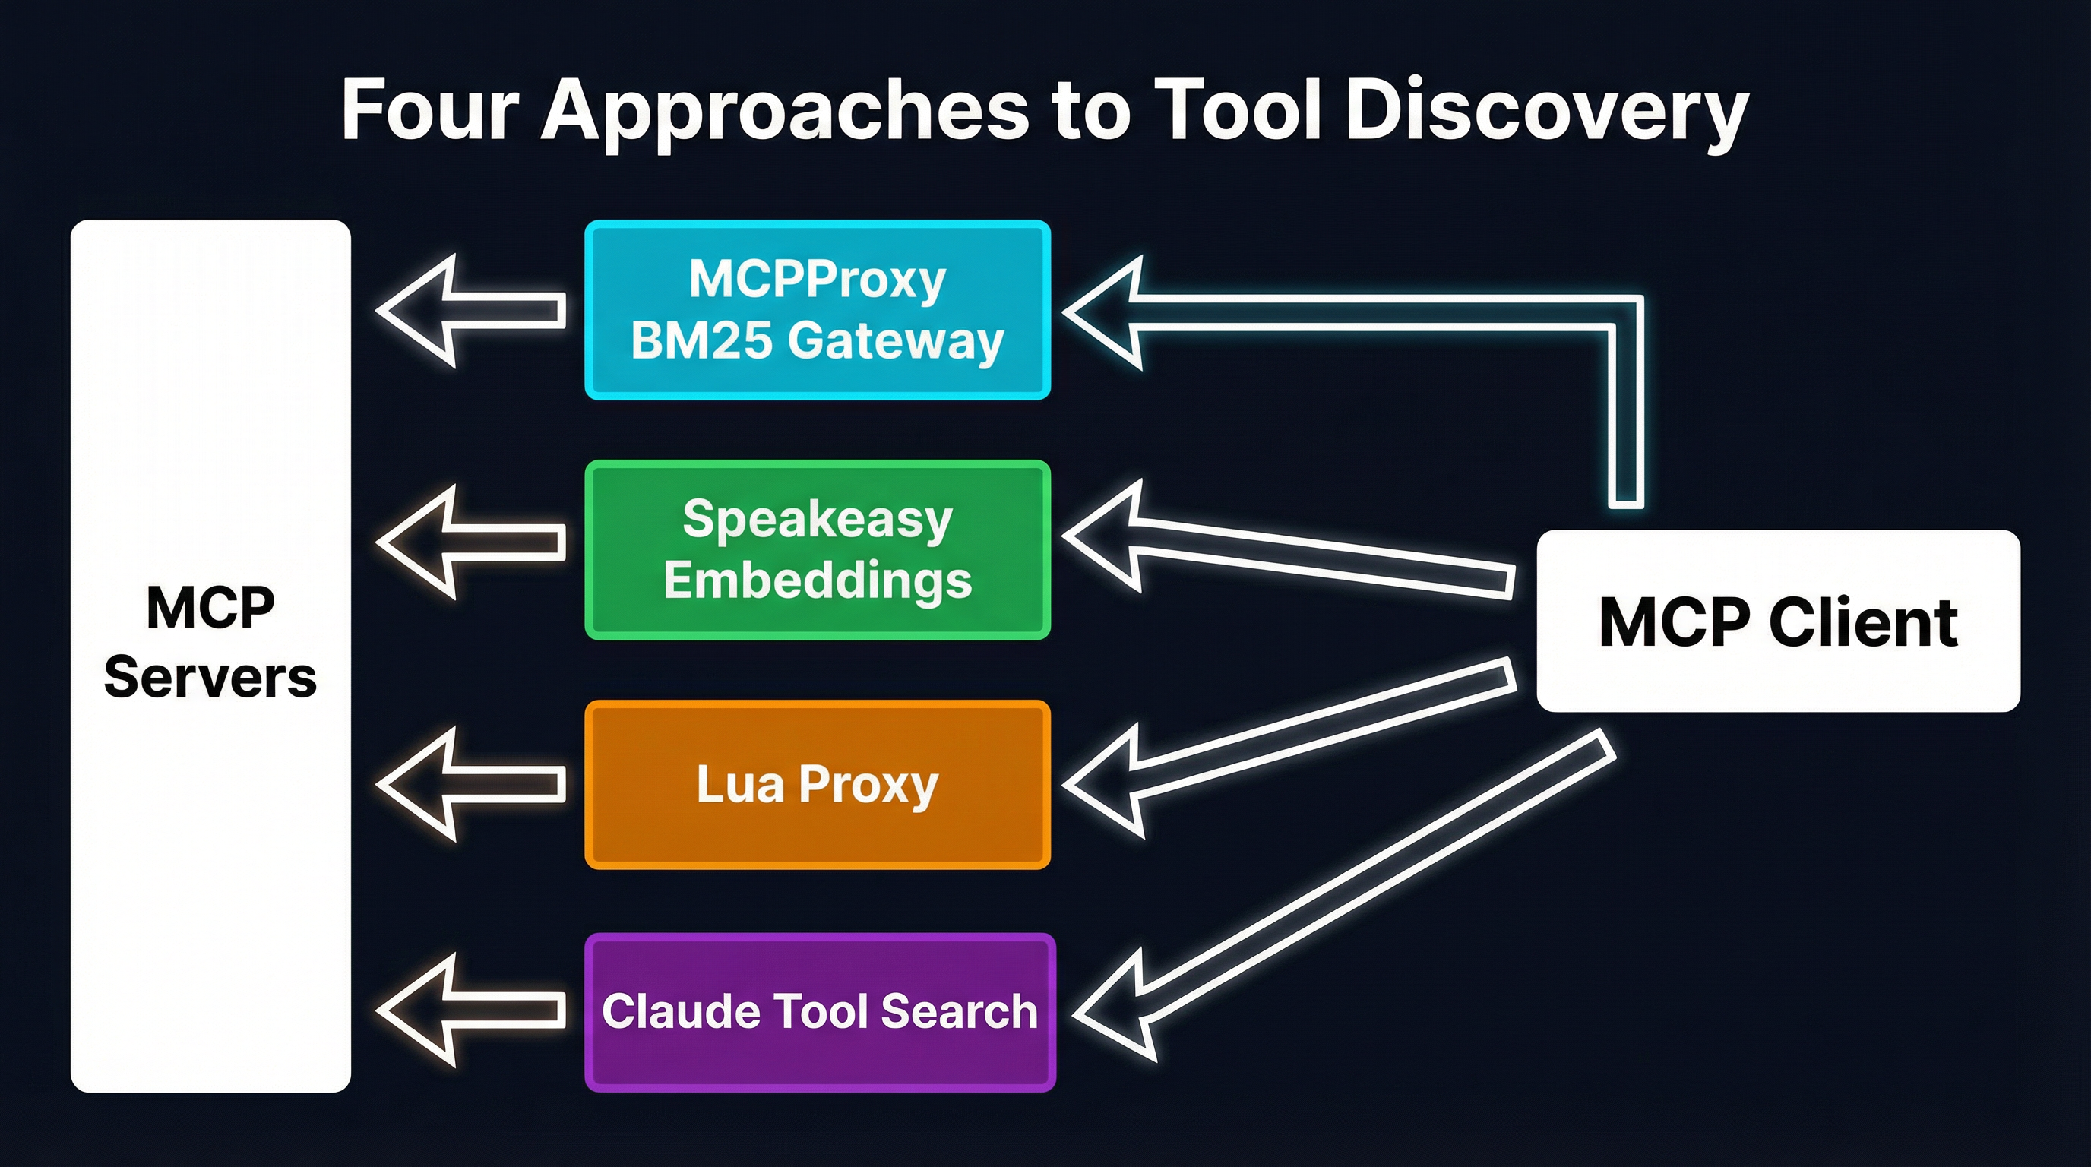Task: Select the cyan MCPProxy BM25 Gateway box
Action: [818, 309]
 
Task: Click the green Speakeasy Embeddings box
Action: [818, 549]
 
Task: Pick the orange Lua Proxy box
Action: [818, 784]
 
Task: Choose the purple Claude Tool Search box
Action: [820, 1011]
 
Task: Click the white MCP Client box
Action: [1778, 621]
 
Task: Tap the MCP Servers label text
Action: [210, 642]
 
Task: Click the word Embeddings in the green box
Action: [818, 580]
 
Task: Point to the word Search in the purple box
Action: [959, 1011]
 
